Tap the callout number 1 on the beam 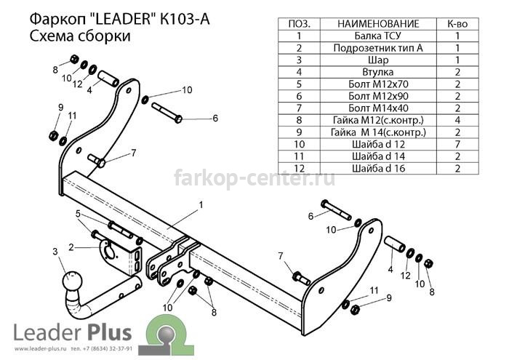pyautogui.click(x=201, y=205)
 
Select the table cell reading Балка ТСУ pyautogui.click(x=378, y=36)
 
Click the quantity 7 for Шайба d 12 pyautogui.click(x=457, y=144)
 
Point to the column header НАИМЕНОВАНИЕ pyautogui.click(x=378, y=24)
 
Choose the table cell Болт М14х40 pyautogui.click(x=378, y=108)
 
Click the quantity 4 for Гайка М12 pyautogui.click(x=457, y=120)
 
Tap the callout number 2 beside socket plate pyautogui.click(x=71, y=247)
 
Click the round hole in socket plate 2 pyautogui.click(x=109, y=252)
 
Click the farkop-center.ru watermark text pyautogui.click(x=254, y=178)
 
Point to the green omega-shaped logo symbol pyautogui.click(x=166, y=335)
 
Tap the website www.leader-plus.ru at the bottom pyautogui.click(x=40, y=349)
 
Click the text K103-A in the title pyautogui.click(x=185, y=19)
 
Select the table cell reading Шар pyautogui.click(x=378, y=60)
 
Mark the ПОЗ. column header pyautogui.click(x=299, y=24)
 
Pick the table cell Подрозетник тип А pyautogui.click(x=378, y=48)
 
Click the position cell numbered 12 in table pyautogui.click(x=299, y=168)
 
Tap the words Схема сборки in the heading pyautogui.click(x=80, y=36)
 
